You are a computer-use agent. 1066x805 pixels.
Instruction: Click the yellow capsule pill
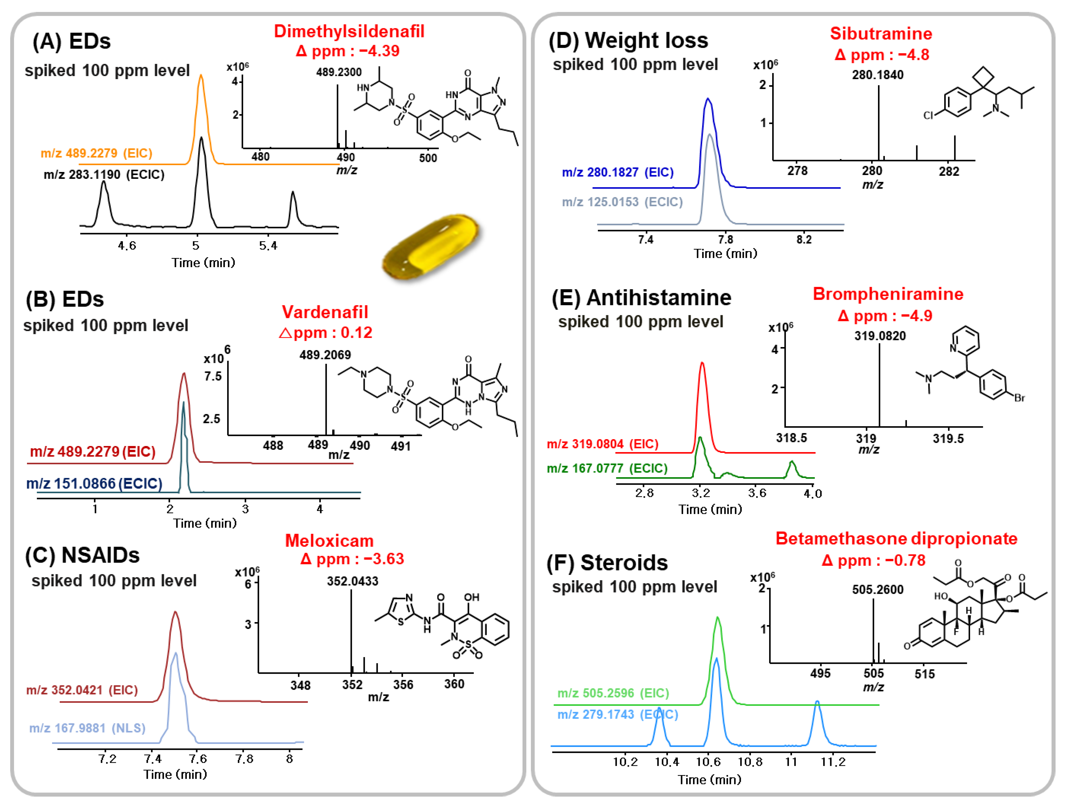pyautogui.click(x=430, y=247)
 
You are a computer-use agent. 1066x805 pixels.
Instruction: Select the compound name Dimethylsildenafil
pyautogui.click(x=349, y=31)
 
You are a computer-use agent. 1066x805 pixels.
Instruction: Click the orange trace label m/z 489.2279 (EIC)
pyautogui.click(x=96, y=153)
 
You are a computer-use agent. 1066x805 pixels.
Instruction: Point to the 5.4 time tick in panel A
pyautogui.click(x=268, y=246)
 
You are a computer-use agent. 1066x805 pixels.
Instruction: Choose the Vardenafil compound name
pyautogui.click(x=325, y=312)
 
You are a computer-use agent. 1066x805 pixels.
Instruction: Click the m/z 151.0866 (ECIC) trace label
pyautogui.click(x=94, y=483)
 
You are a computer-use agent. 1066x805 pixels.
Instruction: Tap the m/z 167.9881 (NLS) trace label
pyautogui.click(x=87, y=728)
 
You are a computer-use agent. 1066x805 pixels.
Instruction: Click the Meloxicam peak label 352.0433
pyautogui.click(x=352, y=581)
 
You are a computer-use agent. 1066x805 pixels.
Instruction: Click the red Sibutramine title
pyautogui.click(x=881, y=34)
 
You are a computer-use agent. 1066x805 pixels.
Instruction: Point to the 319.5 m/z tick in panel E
pyautogui.click(x=948, y=439)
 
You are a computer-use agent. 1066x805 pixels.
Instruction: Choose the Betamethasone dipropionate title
pyautogui.click(x=896, y=538)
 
